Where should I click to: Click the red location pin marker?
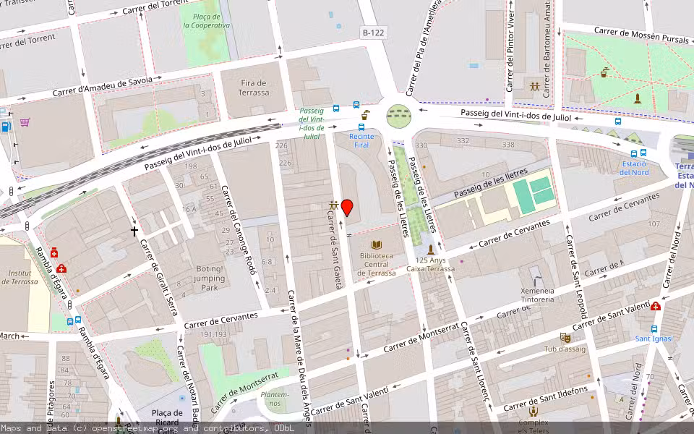347,208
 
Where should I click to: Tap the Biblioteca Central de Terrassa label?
376,264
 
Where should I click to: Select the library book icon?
376,246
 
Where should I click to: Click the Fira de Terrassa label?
253,88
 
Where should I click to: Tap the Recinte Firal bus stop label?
362,140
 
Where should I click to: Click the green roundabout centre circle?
398,114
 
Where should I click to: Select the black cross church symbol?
134,231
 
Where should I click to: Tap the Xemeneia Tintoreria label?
537,295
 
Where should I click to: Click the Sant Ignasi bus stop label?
654,339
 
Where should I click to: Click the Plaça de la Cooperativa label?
206,20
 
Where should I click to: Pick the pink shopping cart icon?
25,122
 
